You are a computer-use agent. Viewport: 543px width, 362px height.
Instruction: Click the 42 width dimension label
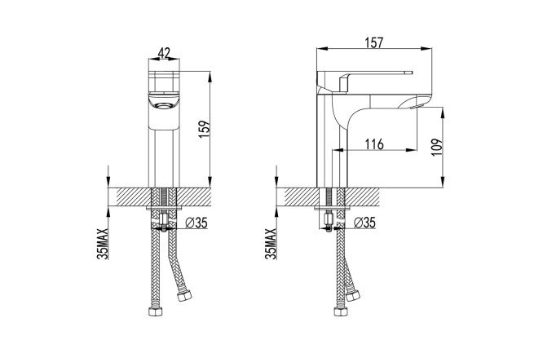[x=164, y=53]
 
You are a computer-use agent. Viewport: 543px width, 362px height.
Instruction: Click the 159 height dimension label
[x=205, y=130]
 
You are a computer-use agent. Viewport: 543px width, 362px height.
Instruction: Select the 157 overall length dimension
[x=374, y=42]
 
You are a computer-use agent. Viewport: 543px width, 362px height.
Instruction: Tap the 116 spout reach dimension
[x=374, y=143]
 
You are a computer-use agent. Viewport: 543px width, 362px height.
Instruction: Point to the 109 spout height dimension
[x=437, y=148]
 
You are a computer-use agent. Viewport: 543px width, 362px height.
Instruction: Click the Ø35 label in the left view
[x=196, y=223]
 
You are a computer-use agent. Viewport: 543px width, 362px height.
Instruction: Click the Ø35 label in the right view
[x=364, y=223]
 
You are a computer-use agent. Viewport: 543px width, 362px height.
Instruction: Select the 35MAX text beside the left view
[x=103, y=244]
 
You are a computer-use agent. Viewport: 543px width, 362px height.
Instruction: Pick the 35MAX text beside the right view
[x=271, y=244]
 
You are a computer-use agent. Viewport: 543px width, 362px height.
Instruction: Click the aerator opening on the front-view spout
[x=164, y=106]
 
